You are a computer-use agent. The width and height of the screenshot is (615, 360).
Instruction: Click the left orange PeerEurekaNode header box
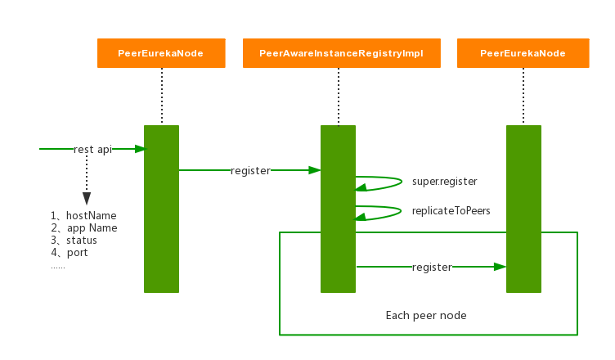pos(161,53)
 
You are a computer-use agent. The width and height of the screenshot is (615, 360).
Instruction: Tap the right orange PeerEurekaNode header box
pos(523,53)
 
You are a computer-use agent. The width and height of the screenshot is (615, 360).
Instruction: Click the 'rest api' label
pos(92,149)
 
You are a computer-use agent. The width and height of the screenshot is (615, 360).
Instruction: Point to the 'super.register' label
pos(444,182)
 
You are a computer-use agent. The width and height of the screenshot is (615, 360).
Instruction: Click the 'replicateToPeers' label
pos(451,210)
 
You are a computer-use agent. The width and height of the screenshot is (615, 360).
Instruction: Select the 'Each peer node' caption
pos(426,315)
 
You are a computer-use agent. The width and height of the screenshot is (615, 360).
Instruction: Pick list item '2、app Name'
pos(83,228)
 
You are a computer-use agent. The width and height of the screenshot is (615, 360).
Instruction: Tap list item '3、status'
pos(74,241)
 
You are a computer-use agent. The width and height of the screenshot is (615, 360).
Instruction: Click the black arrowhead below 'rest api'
pos(87,199)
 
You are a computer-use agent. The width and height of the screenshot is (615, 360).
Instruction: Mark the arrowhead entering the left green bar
pos(140,149)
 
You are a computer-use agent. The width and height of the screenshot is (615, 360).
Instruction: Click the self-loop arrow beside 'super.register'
pos(379,182)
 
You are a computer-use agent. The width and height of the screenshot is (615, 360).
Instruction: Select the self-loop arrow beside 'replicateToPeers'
pos(379,211)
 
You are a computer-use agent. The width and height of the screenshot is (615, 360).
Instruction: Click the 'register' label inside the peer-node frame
pos(432,267)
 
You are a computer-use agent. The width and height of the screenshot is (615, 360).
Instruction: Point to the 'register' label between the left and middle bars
pos(250,170)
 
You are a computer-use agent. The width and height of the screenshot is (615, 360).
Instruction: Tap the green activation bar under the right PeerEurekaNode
pos(523,209)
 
